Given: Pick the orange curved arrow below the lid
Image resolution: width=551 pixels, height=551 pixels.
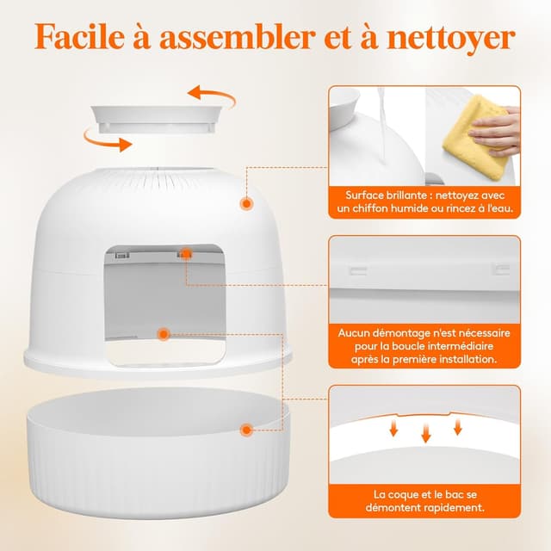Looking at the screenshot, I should coord(101,137).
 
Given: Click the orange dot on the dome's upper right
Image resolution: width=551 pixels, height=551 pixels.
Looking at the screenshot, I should coord(247,203).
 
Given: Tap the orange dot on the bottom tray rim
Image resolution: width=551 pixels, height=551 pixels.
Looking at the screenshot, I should coord(247,428).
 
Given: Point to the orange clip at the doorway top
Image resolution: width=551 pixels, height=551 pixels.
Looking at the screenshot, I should coord(184,254).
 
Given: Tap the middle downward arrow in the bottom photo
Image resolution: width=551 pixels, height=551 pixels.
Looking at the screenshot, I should coord(425,436).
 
